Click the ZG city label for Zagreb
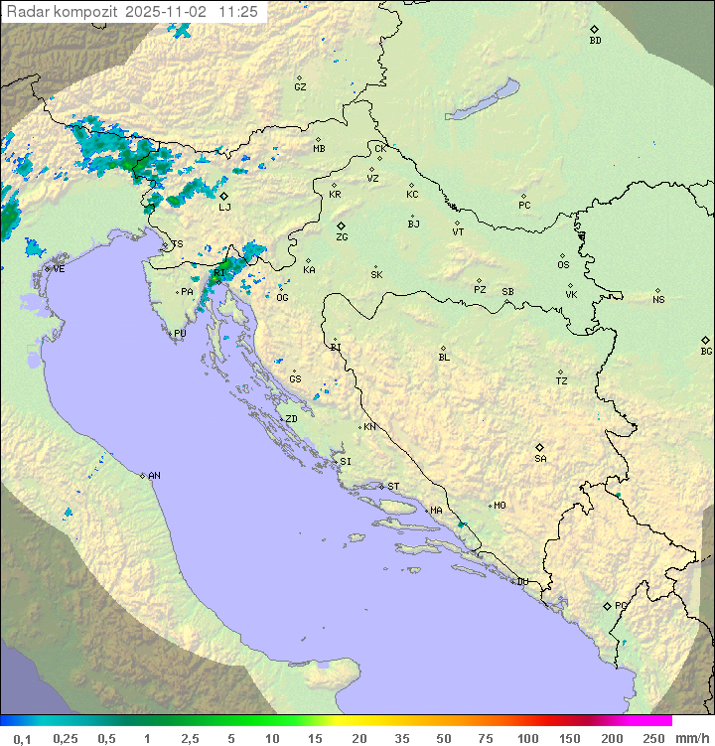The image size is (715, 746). pyautogui.click(x=342, y=238)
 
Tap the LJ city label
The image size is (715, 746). pyautogui.click(x=224, y=207)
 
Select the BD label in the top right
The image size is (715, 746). pyautogui.click(x=595, y=41)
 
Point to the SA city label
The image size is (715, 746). pyautogui.click(x=540, y=459)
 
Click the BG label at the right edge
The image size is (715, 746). pyautogui.click(x=706, y=351)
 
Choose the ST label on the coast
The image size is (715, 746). pyautogui.click(x=393, y=487)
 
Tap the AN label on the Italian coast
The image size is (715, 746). pyautogui.click(x=154, y=476)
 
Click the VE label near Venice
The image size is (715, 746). pyautogui.click(x=59, y=268)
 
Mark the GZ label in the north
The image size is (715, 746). pyautogui.click(x=300, y=87)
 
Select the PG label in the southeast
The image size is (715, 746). pyautogui.click(x=621, y=605)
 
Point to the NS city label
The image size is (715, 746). pyautogui.click(x=658, y=300)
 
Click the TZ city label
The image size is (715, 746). pyautogui.click(x=562, y=381)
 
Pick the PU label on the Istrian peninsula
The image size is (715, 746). pyautogui.click(x=180, y=334)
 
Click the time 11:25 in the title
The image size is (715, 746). pyautogui.click(x=238, y=12)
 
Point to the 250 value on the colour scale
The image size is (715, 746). pyautogui.click(x=652, y=738)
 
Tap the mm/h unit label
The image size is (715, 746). pyautogui.click(x=693, y=738)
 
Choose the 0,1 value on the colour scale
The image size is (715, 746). pyautogui.click(x=23, y=738)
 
